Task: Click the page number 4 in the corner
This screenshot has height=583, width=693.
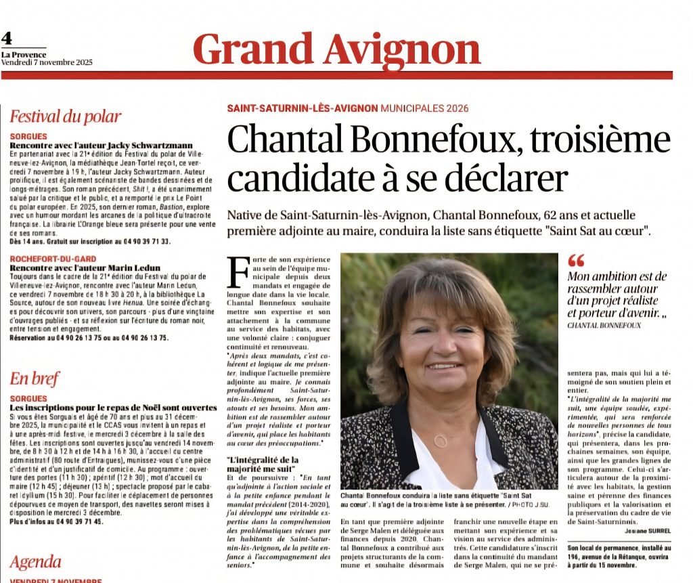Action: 7,39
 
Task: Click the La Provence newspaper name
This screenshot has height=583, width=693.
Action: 24,55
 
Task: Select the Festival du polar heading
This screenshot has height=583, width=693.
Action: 66,116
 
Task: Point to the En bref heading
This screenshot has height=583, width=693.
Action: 35,379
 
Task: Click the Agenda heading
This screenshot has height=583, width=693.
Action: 35,562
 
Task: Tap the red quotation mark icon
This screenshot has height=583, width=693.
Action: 576,260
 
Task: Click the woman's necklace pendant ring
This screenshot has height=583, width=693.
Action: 441,440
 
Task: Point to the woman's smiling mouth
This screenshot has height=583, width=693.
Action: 445,366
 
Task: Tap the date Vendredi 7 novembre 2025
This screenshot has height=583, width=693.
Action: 47,62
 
